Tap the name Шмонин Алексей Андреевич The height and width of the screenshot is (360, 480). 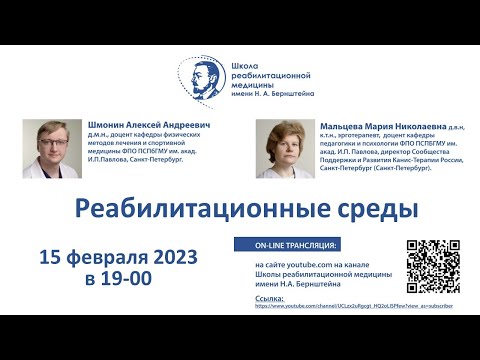coord(132,126)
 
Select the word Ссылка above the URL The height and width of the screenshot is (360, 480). coord(270,298)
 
